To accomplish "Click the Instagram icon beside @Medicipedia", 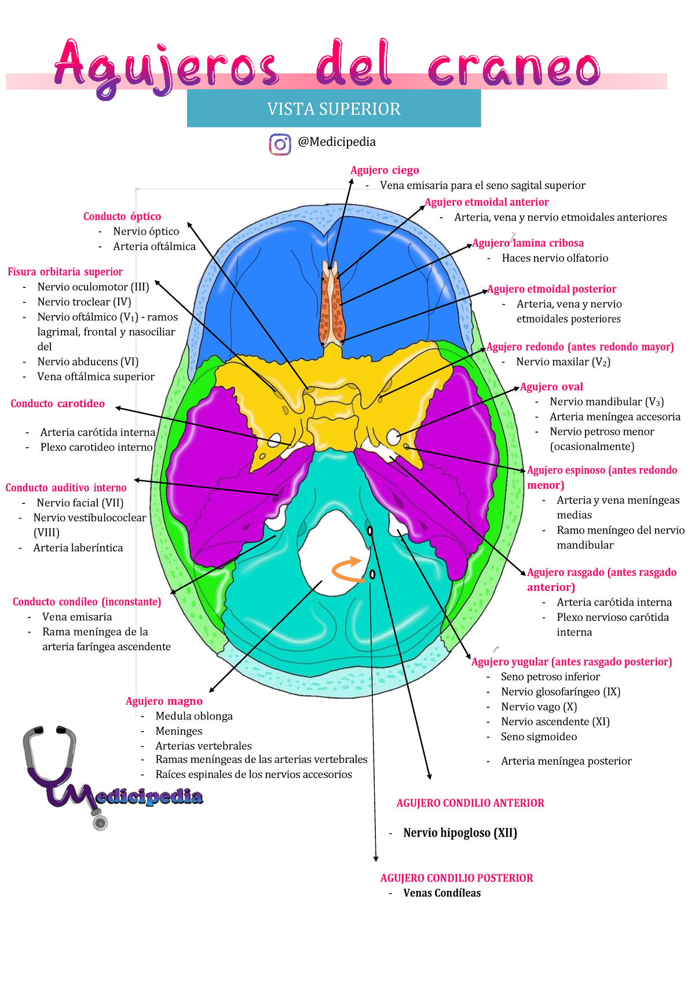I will click(280, 144).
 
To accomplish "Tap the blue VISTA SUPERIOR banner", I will click(334, 108).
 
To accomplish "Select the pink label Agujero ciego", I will click(385, 170).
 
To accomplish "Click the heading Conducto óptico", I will click(122, 217).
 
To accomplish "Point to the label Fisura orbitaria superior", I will click(65, 272).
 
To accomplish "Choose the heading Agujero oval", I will click(551, 387).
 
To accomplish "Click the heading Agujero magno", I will click(164, 701).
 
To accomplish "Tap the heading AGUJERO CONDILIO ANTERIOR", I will click(470, 803).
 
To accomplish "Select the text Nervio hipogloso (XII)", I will click(460, 833).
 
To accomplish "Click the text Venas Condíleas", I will click(442, 893).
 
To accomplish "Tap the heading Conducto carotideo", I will click(58, 404).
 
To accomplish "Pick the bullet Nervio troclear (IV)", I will click(84, 302).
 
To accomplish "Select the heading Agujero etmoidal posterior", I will click(552, 289).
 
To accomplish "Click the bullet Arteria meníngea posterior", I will click(566, 761).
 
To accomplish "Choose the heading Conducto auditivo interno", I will click(66, 488).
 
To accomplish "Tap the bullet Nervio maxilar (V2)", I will click(563, 362).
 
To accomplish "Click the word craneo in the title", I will click(513, 68).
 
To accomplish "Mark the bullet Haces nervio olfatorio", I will click(555, 258).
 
